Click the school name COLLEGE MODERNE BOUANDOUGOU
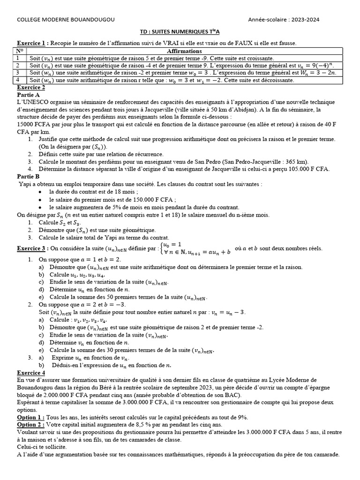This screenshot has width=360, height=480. [65, 19]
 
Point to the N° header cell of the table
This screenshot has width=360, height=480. [20, 51]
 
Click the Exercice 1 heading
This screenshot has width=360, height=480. [32, 43]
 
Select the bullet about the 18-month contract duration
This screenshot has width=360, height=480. [93, 192]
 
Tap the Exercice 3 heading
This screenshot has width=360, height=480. [32, 248]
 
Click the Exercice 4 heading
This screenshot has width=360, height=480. [31, 372]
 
